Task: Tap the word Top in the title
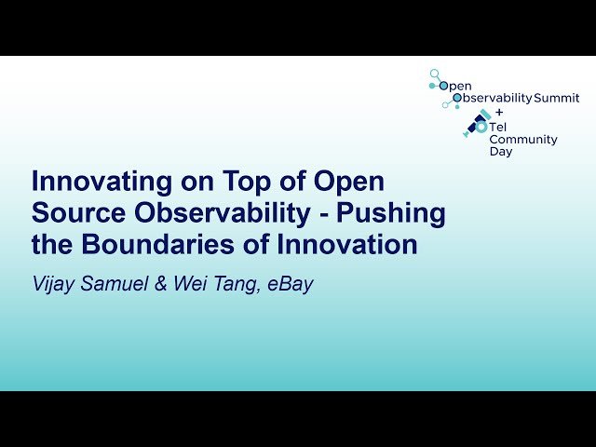229,181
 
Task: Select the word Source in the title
74,213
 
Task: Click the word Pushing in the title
391,213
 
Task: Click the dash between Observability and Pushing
323,214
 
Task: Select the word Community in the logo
523,140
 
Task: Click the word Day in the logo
500,152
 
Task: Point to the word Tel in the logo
500,127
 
